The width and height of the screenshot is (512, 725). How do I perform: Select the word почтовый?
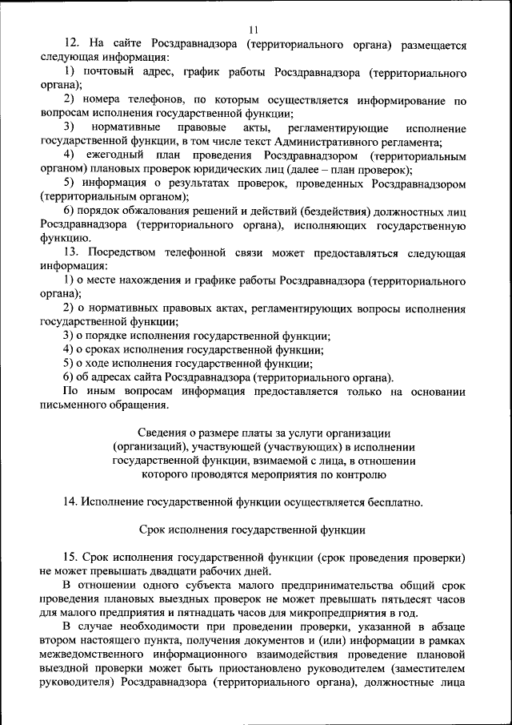(114, 73)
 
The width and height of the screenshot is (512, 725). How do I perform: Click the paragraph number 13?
(71, 252)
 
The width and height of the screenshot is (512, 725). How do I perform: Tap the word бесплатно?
(388, 501)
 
